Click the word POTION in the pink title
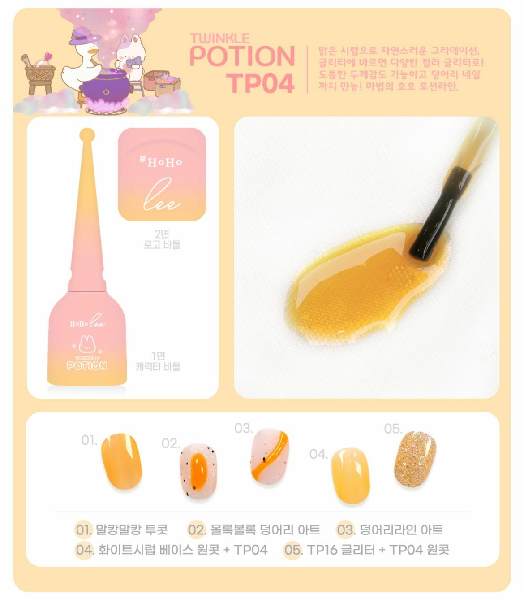click(x=242, y=56)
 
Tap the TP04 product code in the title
click(x=260, y=83)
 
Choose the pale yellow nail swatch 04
click(x=350, y=475)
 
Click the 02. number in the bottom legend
click(x=196, y=530)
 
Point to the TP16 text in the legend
click(x=322, y=549)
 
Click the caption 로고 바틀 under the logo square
click(x=162, y=245)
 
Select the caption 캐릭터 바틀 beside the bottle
click(x=158, y=366)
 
